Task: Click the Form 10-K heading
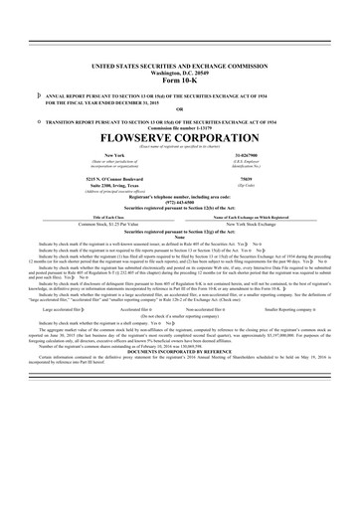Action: [180, 79]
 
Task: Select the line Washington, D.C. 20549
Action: [180, 71]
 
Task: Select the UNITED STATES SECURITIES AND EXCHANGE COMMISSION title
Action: [180, 63]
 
